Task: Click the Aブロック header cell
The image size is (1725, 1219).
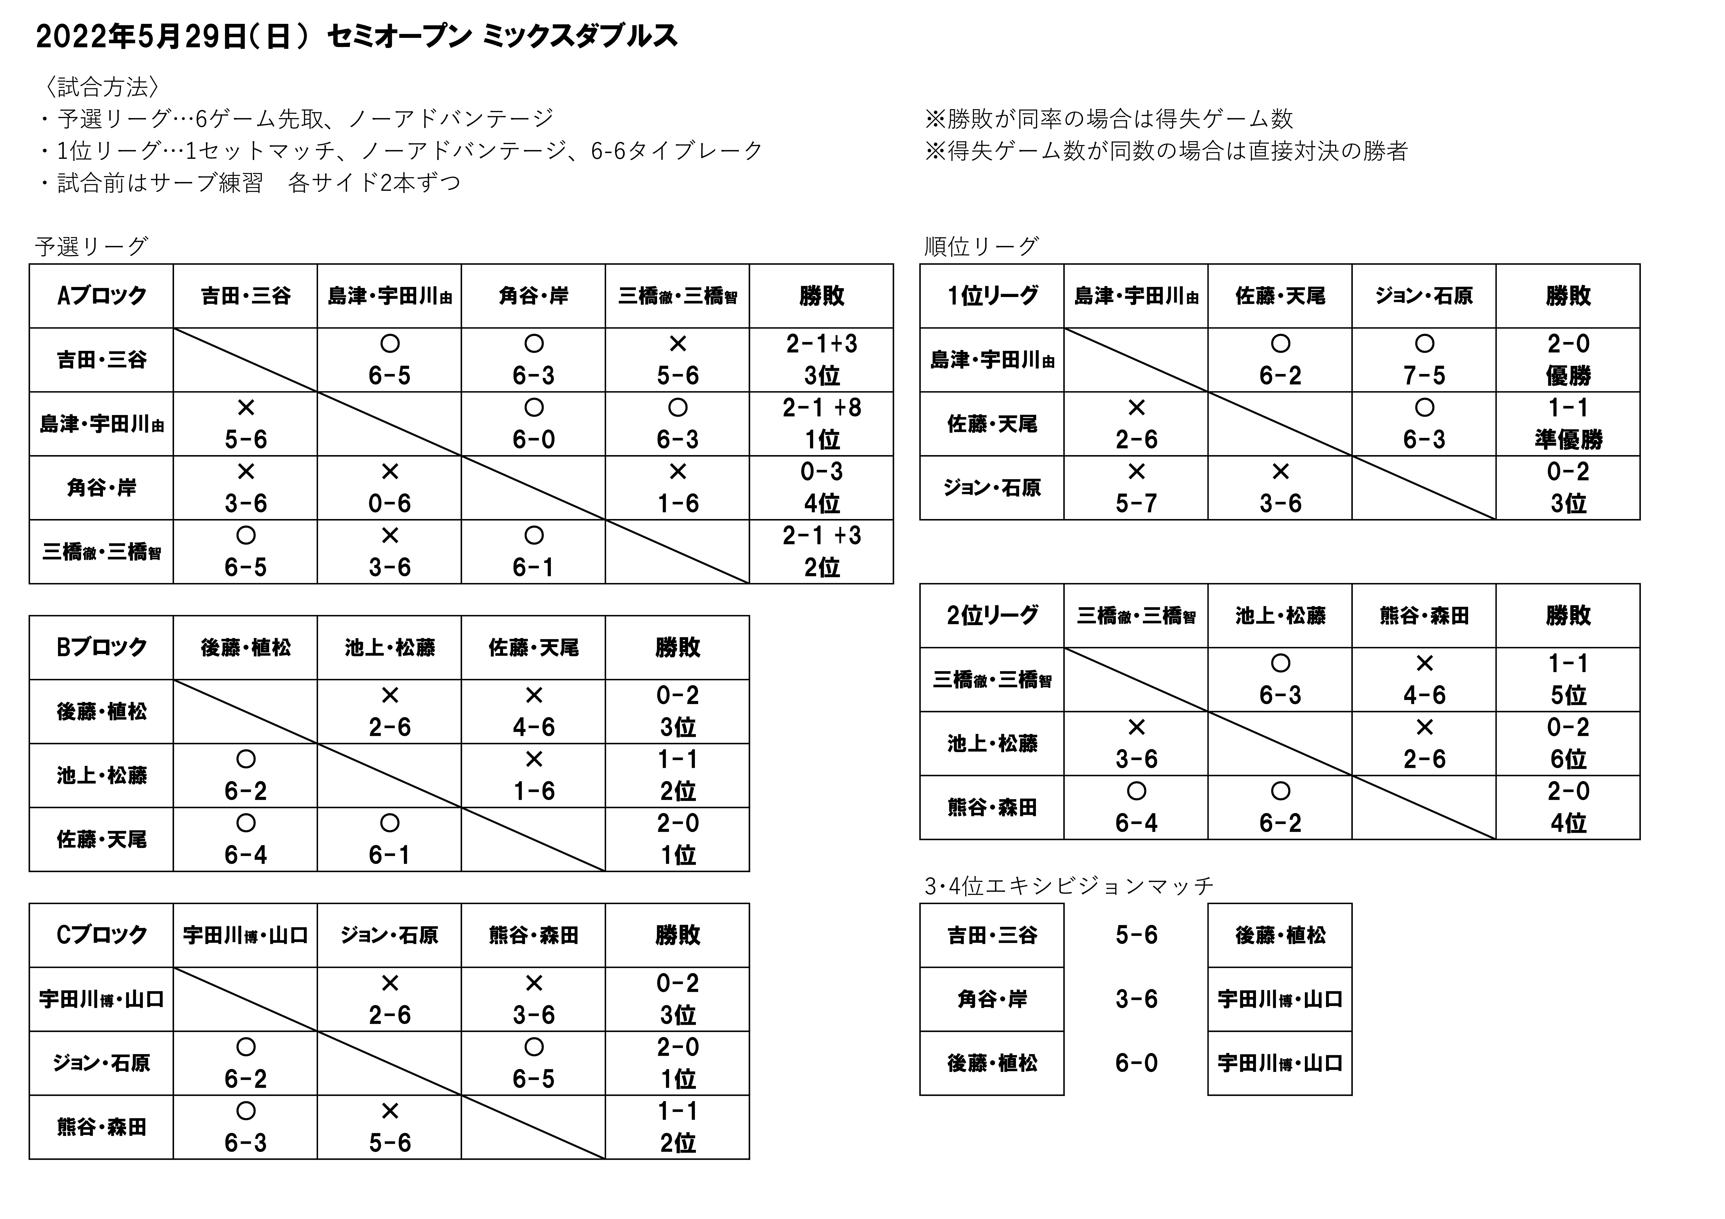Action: [x=102, y=296]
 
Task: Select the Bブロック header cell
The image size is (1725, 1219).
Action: [x=102, y=648]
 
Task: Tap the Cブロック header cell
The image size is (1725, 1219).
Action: [x=102, y=936]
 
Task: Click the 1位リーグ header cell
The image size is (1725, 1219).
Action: [x=992, y=296]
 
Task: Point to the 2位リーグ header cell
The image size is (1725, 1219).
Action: [x=992, y=615]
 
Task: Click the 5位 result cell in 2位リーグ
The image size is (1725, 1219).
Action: [x=1568, y=695]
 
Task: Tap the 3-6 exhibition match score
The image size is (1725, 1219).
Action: [x=1136, y=999]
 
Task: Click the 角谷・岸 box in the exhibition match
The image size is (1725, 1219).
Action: [x=992, y=999]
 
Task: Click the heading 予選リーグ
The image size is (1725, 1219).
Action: [x=92, y=247]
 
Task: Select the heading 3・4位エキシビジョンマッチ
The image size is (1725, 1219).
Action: [x=1068, y=887]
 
